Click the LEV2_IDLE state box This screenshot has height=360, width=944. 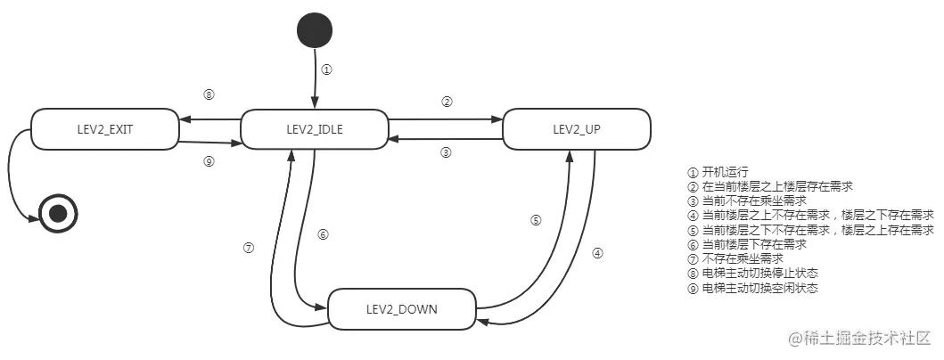coord(315,129)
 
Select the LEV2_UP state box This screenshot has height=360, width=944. coord(576,129)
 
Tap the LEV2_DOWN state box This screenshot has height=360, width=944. coord(402,309)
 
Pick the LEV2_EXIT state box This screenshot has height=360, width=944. coord(104,129)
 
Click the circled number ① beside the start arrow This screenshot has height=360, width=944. coord(326,70)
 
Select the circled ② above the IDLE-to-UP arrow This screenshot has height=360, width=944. coord(447,102)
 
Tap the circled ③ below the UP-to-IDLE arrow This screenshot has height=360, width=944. coord(447,152)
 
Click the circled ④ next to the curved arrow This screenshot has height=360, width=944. coord(598,252)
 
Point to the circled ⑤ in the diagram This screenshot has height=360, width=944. coord(536,220)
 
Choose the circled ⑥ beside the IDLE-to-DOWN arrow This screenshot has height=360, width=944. coord(324,234)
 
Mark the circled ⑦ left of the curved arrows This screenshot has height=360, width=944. coord(249,249)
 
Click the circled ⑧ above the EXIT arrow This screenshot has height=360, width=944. coord(209,95)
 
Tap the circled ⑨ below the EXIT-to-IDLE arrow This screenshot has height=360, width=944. coord(209,161)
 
